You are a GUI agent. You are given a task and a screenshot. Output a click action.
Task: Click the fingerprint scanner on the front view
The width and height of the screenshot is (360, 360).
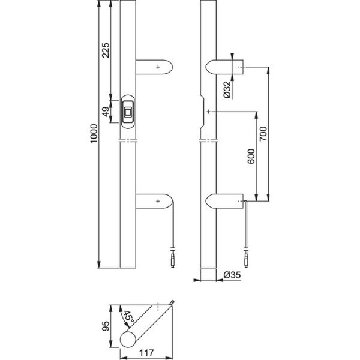click(128, 111)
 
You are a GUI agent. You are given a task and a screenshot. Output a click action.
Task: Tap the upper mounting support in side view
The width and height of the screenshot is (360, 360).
click(225, 67)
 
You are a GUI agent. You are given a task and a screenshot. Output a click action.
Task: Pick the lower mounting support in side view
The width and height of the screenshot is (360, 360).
click(225, 202)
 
